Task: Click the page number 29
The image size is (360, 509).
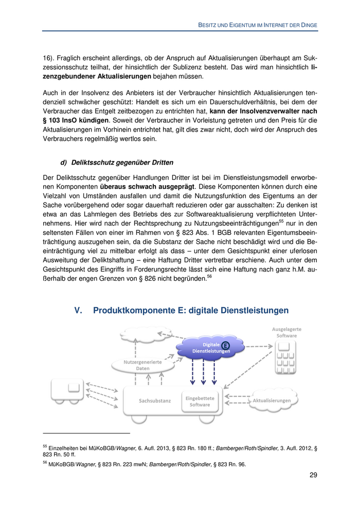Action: (313, 475)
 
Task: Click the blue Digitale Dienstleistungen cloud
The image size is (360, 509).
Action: (203, 348)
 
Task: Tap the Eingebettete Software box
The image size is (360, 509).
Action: (200, 401)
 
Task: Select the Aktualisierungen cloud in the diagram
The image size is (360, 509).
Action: (272, 401)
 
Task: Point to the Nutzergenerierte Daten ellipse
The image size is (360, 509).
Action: (136, 365)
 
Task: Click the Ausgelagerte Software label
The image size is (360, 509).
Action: (286, 332)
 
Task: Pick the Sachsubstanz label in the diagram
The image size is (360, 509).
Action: (154, 401)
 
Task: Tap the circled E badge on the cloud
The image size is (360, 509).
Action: (226, 344)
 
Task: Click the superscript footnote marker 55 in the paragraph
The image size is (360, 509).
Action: (281, 221)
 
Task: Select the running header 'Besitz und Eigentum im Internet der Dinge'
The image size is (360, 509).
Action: (258, 24)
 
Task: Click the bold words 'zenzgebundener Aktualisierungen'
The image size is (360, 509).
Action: (97, 77)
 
